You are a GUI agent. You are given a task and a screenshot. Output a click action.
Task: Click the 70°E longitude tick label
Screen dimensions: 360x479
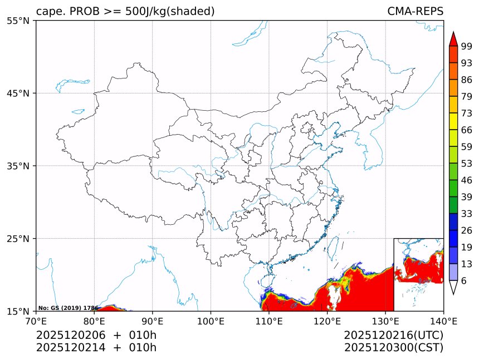click(36, 321)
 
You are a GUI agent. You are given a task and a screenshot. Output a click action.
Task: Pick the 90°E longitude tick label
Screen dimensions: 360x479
click(153, 321)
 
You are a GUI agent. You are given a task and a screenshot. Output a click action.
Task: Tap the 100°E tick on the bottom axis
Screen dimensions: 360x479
click(211, 321)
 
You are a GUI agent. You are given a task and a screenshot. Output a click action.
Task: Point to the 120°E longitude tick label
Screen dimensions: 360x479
click(327, 321)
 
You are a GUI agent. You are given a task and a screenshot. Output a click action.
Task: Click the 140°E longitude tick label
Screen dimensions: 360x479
click(443, 321)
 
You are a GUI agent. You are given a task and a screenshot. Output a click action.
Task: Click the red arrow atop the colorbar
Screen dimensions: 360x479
click(453, 39)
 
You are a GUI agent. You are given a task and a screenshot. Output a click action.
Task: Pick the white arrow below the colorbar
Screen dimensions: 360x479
click(453, 287)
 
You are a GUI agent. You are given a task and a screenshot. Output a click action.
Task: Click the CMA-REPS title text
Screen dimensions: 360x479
click(415, 12)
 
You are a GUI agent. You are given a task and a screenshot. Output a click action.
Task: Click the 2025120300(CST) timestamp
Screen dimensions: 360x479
click(393, 348)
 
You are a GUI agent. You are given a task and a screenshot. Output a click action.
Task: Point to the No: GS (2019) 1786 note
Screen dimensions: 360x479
click(68, 308)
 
